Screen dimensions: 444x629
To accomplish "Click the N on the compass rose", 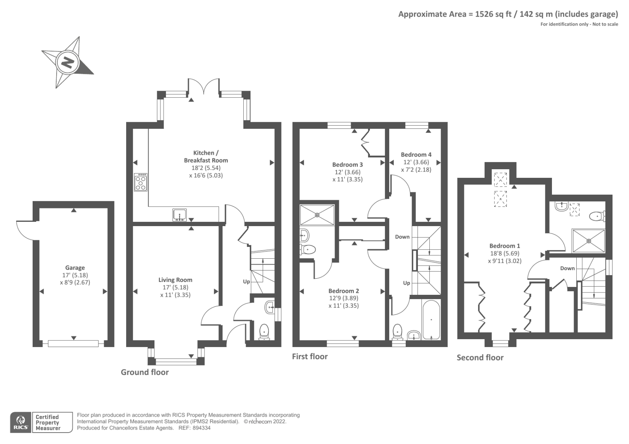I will click(x=68, y=62).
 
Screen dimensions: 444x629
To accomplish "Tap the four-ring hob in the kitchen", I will click(x=141, y=182).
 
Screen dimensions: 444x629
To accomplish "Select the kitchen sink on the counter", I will click(x=180, y=215).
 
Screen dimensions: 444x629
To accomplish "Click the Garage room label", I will click(x=75, y=268).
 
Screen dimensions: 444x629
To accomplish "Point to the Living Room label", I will click(x=175, y=280).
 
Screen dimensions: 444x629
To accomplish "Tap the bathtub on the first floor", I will click(x=431, y=319).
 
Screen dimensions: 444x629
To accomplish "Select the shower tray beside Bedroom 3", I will click(x=317, y=215).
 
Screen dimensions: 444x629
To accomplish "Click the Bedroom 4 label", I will click(x=416, y=155).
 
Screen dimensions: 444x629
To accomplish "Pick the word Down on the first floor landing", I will click(x=402, y=237).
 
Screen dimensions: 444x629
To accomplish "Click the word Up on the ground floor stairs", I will click(x=246, y=281).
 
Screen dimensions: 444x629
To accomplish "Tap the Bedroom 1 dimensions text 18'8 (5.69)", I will click(x=504, y=253).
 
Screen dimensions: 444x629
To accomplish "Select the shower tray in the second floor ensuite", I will click(x=588, y=241).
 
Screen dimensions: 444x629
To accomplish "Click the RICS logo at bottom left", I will click(x=20, y=422).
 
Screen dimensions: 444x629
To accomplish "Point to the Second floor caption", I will click(x=480, y=358).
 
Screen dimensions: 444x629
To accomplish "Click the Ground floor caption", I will click(x=145, y=372).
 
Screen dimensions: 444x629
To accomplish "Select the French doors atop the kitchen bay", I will click(x=204, y=86).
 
